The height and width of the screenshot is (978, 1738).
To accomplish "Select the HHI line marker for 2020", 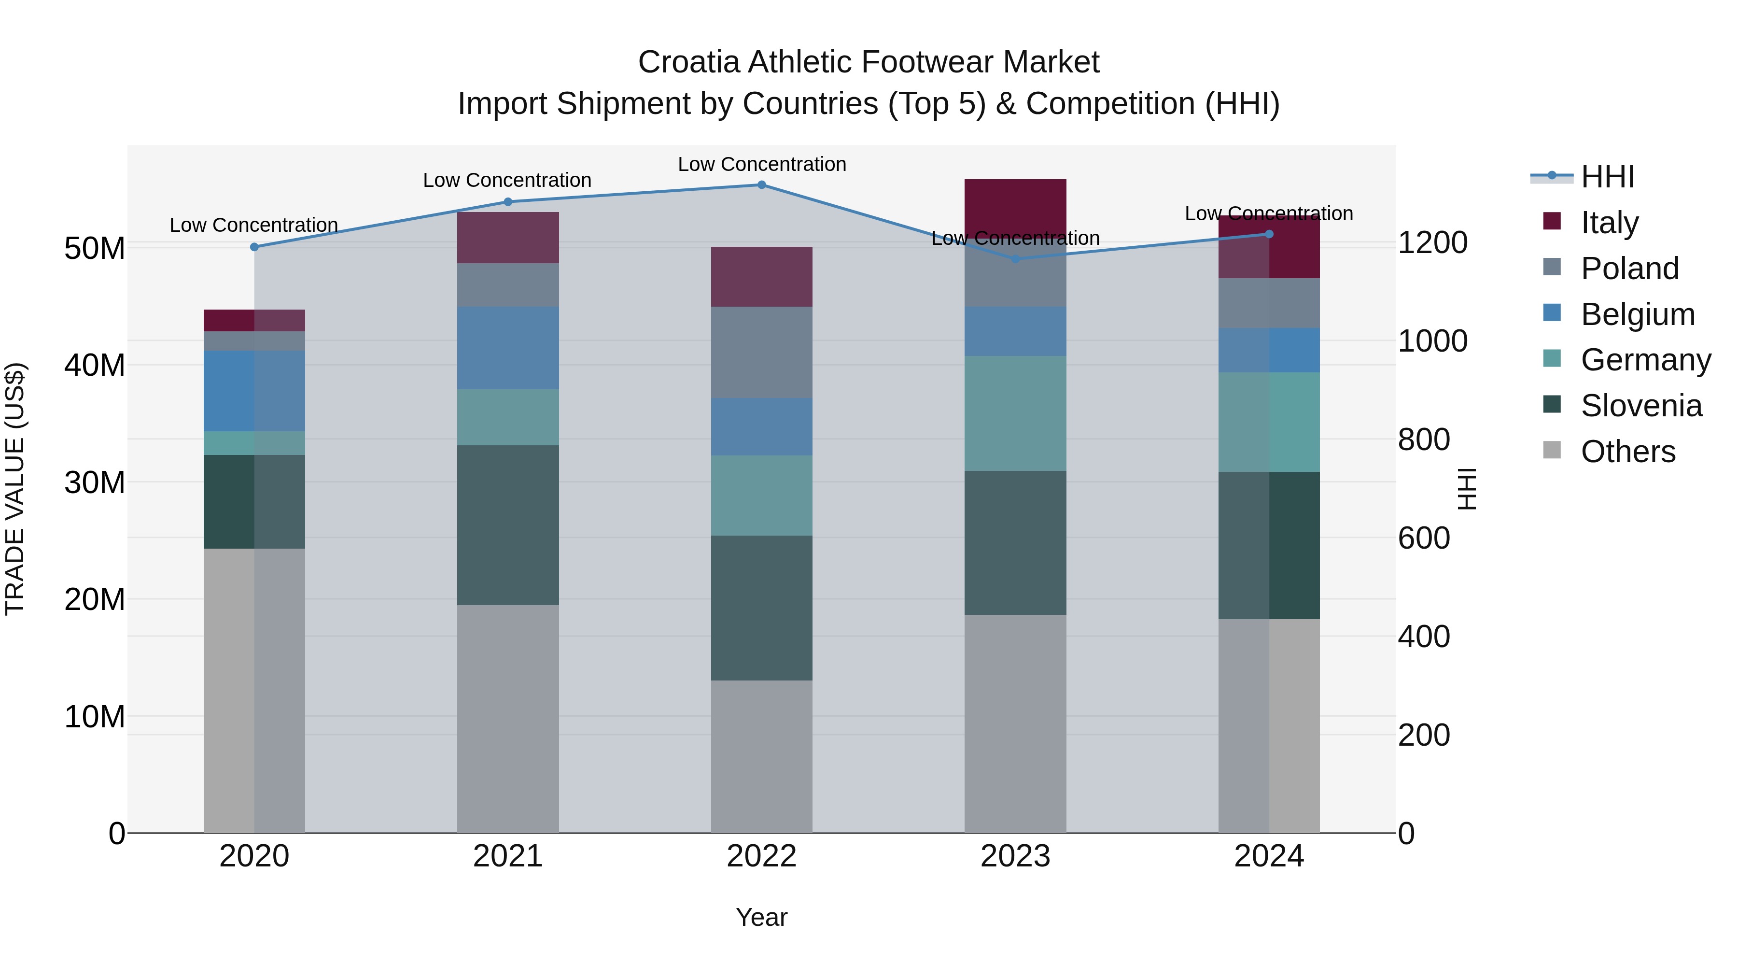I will (x=254, y=247).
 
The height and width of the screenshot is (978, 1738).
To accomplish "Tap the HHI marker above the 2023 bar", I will (x=1015, y=258).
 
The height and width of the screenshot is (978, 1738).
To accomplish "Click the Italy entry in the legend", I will (x=1609, y=223).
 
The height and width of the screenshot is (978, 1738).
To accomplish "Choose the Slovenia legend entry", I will (x=1641, y=406).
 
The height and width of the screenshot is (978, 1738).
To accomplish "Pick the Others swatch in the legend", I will (x=1552, y=450).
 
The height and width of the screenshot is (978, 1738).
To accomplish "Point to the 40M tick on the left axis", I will (x=95, y=365).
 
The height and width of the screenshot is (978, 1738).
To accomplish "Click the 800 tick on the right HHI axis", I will (x=1424, y=439).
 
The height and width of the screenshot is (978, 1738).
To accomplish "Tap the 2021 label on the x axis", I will (x=507, y=856).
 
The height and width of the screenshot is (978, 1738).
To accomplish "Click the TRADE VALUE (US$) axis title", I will (x=15, y=489).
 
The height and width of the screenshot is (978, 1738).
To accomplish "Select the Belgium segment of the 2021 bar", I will (x=507, y=348).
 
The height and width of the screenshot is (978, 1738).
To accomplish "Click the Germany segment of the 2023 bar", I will (x=1015, y=413).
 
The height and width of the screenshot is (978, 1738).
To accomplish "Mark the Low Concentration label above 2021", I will (x=507, y=180).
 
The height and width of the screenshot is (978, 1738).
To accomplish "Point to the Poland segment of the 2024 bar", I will (x=1268, y=303).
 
